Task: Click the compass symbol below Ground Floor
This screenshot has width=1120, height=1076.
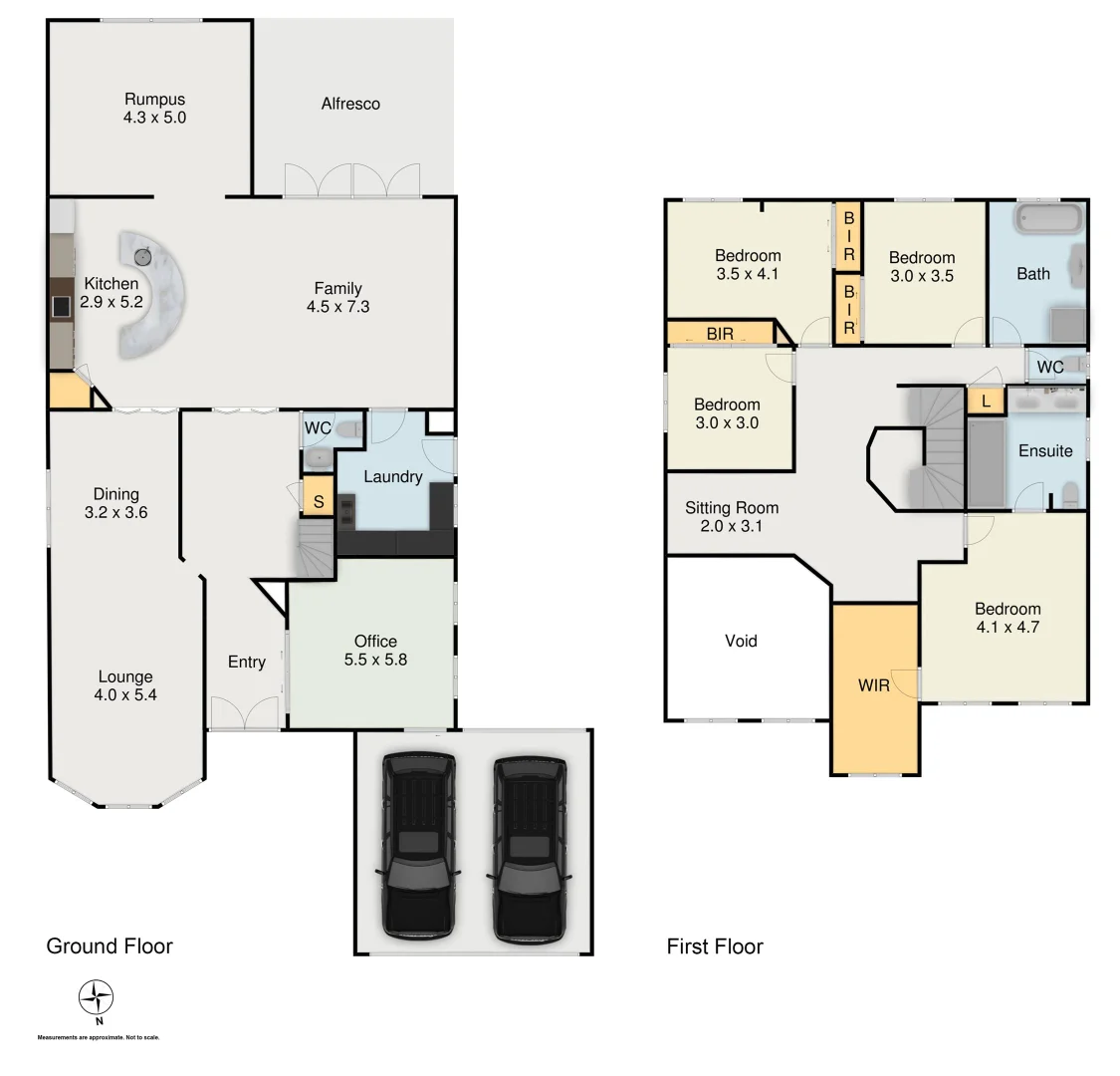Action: (96, 996)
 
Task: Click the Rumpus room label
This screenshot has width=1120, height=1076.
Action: (155, 100)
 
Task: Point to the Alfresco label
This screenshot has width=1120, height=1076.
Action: (350, 104)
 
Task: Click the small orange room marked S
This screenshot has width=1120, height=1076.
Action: (318, 501)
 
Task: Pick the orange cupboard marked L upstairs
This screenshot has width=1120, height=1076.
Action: (986, 401)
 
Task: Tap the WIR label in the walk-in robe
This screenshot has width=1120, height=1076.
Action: (874, 685)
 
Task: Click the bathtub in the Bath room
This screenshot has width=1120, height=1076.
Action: (1047, 219)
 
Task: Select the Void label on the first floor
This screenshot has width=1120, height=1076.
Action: (741, 641)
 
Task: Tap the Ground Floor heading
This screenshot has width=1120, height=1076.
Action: (110, 946)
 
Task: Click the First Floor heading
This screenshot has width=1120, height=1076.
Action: (715, 946)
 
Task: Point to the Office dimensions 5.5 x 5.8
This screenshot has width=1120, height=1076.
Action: (375, 659)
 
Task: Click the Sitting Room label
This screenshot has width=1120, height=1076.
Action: (732, 508)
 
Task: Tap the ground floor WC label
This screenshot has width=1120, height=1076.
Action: (317, 428)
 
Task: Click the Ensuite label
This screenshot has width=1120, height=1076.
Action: (1045, 450)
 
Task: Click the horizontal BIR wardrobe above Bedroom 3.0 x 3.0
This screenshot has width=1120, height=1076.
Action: (719, 334)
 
